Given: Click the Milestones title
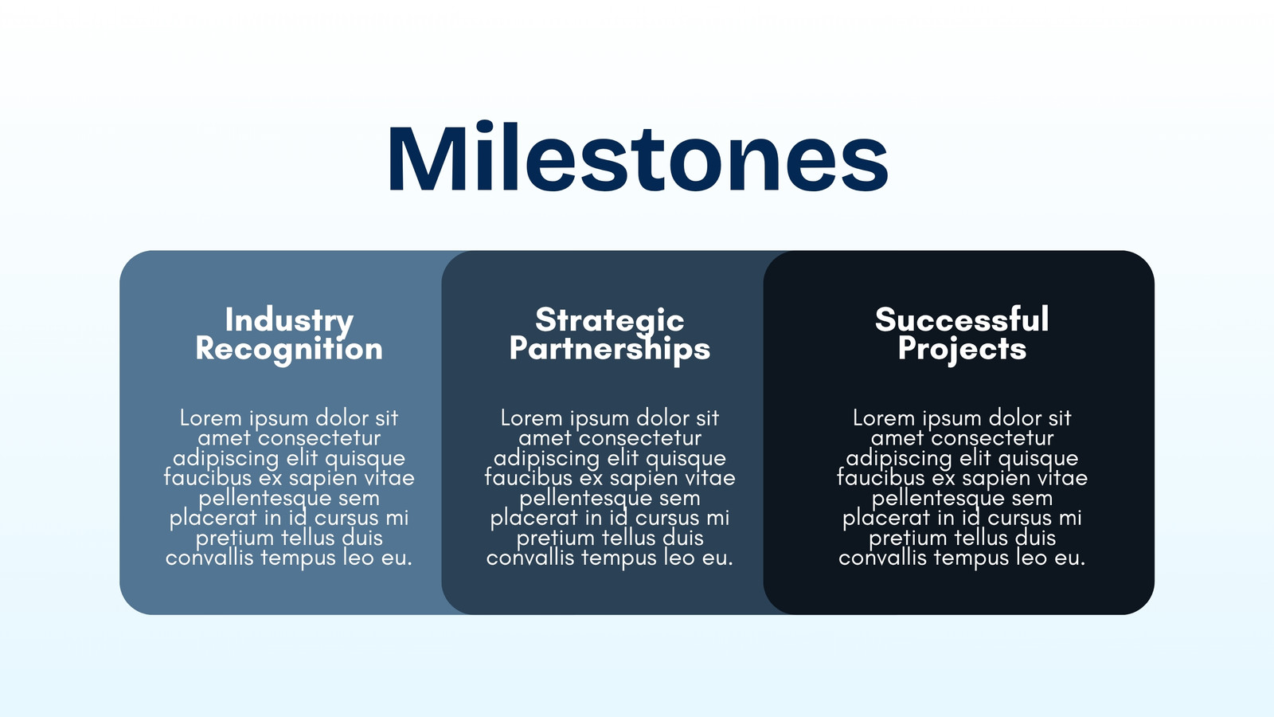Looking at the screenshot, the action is (638, 156).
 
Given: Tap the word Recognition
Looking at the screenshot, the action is (289, 350).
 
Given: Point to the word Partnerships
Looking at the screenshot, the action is (610, 350).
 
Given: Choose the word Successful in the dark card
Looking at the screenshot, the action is (962, 319).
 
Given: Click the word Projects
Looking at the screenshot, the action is (962, 350).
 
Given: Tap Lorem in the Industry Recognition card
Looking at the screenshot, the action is (211, 418).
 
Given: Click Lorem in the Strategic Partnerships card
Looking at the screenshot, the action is (532, 418).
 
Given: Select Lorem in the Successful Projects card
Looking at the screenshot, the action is (884, 418).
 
